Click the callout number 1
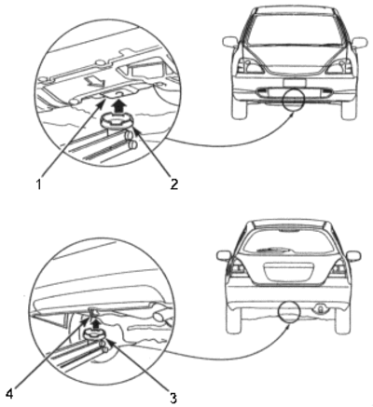[38, 184]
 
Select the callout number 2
[173, 184]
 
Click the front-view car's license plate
[295, 83]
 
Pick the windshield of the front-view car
[295, 30]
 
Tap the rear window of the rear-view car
[288, 241]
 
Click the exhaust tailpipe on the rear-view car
[319, 308]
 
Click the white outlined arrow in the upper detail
[92, 82]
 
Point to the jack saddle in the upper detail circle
[117, 121]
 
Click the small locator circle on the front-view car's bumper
[294, 100]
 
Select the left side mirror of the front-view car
[230, 43]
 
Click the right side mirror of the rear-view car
[353, 256]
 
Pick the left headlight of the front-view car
[250, 65]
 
